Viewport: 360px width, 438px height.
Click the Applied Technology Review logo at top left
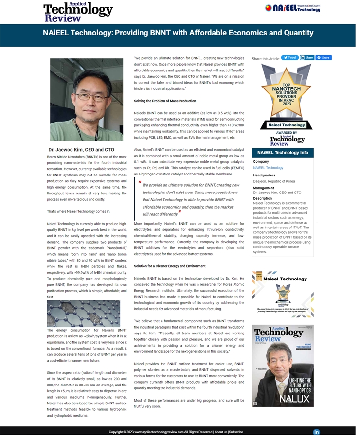click(78, 12)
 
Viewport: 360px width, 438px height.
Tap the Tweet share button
click(290, 57)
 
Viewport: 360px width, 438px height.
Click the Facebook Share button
click(324, 57)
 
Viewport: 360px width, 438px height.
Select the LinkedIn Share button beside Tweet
click(306, 57)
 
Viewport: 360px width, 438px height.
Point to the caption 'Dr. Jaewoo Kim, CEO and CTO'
click(81, 150)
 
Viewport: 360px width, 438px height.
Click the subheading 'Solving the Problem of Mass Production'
click(165, 101)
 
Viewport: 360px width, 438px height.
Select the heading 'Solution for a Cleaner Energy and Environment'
click(170, 266)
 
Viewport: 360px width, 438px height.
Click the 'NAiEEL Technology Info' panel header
click(282, 153)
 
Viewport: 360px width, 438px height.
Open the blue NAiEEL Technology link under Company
click(268, 168)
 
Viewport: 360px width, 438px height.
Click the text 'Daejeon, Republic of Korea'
click(274, 181)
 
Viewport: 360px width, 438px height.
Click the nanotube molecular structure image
click(83, 314)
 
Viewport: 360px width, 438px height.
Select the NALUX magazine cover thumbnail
click(283, 366)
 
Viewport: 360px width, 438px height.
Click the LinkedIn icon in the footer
click(317, 432)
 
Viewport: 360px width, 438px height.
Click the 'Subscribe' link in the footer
click(236, 432)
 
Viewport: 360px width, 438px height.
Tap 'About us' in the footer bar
click(220, 432)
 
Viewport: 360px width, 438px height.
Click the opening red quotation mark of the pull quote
click(140, 183)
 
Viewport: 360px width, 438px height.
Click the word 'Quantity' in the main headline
click(295, 33)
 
